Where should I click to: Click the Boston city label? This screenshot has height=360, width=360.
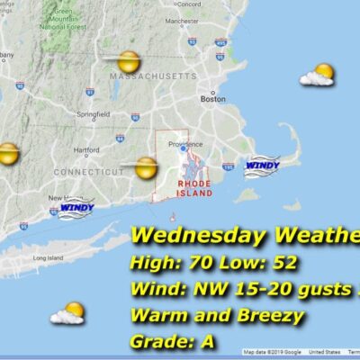tap(212, 99)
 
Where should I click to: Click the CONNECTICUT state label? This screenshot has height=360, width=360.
tap(87, 171)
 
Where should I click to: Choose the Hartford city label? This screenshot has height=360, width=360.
tap(86, 150)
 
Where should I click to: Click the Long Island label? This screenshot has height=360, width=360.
tap(46, 258)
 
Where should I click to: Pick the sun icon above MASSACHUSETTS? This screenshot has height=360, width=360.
tap(129, 62)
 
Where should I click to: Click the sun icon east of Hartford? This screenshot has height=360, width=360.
tap(147, 167)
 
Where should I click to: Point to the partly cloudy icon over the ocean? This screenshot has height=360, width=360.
tap(68, 313)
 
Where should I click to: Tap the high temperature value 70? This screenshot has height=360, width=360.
tap(197, 265)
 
